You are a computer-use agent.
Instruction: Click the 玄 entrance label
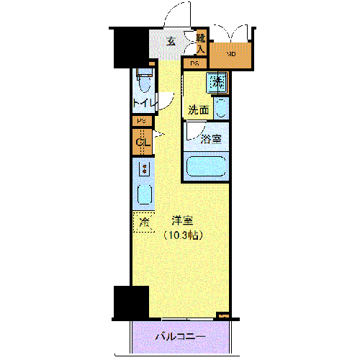(171, 41)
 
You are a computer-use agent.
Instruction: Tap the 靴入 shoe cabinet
(201, 42)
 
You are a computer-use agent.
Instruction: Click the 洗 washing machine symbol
(217, 82)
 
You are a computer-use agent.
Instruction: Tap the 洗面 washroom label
(199, 110)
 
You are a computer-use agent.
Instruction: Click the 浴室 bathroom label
(210, 138)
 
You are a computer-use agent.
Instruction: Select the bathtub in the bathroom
(207, 167)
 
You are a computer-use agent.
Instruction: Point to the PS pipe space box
(141, 121)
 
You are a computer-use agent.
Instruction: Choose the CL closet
(142, 142)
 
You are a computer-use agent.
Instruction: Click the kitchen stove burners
(143, 170)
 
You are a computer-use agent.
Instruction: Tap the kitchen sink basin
(144, 196)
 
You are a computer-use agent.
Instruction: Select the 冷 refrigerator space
(143, 222)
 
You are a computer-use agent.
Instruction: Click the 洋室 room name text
(183, 220)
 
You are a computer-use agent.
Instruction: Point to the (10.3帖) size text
(183, 235)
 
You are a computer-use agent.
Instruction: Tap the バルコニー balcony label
(180, 337)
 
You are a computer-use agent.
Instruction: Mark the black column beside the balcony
(131, 302)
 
